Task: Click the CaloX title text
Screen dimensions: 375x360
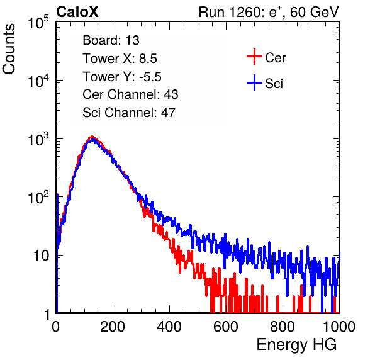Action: pyautogui.click(x=77, y=12)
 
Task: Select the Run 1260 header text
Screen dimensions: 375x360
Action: pyautogui.click(x=269, y=12)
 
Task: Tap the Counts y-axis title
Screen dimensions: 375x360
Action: pyautogui.click(x=9, y=49)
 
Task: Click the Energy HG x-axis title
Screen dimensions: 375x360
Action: pyautogui.click(x=296, y=345)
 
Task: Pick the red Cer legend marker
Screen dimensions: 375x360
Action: pyautogui.click(x=254, y=57)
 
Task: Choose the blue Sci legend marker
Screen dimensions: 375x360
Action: pyautogui.click(x=254, y=83)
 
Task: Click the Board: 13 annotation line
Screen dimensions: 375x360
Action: pyautogui.click(x=111, y=40)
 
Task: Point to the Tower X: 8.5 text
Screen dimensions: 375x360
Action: pyautogui.click(x=120, y=59)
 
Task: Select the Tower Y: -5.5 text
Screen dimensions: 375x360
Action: pyautogui.click(x=122, y=77)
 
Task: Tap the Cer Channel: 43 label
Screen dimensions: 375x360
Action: pyautogui.click(x=130, y=94)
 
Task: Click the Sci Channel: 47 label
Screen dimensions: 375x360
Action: pyautogui.click(x=129, y=113)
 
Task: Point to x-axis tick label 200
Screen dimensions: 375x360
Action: pyautogui.click(x=113, y=327)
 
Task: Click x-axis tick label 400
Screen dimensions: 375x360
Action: pyautogui.click(x=169, y=327)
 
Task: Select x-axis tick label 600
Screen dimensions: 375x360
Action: pyautogui.click(x=226, y=327)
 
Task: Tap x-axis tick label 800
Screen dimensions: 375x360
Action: pyautogui.click(x=283, y=327)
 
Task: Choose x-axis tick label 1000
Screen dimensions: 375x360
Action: pyautogui.click(x=339, y=327)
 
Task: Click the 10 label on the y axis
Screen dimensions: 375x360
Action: pyautogui.click(x=41, y=256)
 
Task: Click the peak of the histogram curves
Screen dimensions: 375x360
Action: pyautogui.click(x=92, y=137)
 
